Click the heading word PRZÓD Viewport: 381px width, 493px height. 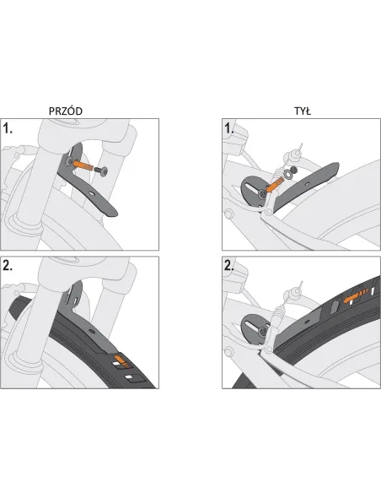click(66, 111)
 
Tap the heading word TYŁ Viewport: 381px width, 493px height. click(303, 111)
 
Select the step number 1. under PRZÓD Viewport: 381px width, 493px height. click(8, 128)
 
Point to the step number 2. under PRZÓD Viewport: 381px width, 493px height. click(8, 266)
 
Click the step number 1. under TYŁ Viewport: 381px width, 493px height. click(229, 128)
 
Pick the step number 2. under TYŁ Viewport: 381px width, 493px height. click(229, 266)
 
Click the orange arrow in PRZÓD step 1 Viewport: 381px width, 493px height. click(83, 165)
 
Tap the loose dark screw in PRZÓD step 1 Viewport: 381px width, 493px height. click(101, 171)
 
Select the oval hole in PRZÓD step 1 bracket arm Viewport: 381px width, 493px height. click(92, 194)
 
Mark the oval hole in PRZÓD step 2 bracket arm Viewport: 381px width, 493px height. click(91, 332)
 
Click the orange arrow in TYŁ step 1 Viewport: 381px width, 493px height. click(274, 184)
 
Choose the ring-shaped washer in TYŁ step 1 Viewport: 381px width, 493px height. click(287, 173)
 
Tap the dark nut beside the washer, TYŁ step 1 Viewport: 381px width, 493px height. click(293, 170)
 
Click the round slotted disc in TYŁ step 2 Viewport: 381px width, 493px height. click(254, 329)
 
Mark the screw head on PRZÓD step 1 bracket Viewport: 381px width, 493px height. click(68, 161)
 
